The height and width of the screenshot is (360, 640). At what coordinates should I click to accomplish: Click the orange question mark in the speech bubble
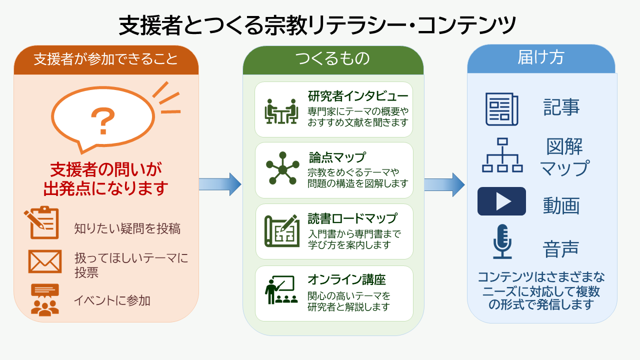coord(103,120)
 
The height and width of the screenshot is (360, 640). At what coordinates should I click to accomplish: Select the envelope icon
coord(45,261)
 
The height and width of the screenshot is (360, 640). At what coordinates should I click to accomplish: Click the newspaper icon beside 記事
coord(502,109)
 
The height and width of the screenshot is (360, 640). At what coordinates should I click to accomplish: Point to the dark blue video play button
coord(501,201)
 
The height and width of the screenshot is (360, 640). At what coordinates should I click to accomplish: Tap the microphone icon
coord(502,241)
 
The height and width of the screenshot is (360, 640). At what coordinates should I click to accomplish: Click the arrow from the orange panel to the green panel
coord(220,184)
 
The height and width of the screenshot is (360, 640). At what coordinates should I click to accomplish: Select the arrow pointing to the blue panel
coord(444,184)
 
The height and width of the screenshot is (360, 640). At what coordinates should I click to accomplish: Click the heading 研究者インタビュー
coord(358,96)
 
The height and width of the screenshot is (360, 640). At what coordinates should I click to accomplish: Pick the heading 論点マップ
coord(337,157)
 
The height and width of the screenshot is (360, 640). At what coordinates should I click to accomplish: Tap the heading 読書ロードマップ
coord(352,218)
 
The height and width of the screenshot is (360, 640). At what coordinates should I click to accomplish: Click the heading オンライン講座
coord(346,279)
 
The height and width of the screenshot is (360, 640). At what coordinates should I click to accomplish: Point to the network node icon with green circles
coord(282,168)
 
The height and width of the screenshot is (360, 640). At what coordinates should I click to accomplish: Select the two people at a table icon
coord(281,111)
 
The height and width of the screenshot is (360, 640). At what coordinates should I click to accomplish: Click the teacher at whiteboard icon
coord(281,289)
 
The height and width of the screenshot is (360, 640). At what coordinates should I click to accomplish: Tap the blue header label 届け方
coord(541,57)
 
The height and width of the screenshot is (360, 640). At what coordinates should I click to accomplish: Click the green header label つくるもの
coord(332,58)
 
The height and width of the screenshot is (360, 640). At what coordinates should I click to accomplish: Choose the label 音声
coord(561,249)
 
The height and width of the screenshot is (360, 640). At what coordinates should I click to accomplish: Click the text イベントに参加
coord(112,300)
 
